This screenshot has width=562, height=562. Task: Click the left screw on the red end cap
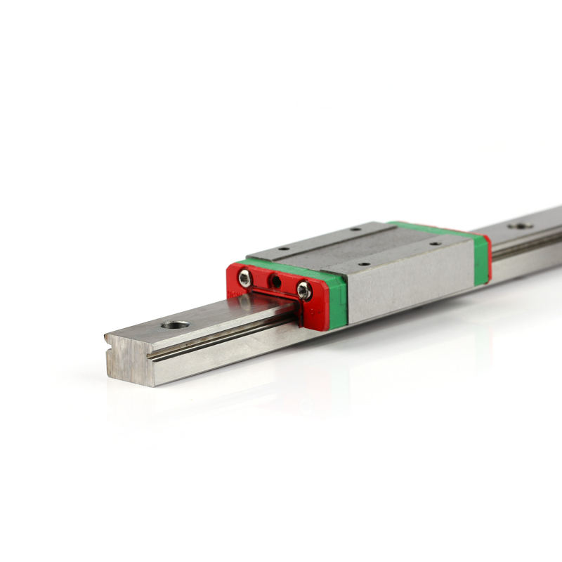[244, 278]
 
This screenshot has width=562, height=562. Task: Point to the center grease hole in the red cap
[276, 282]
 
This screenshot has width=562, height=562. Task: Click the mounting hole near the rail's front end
[175, 325]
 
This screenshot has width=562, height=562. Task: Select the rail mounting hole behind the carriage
[520, 226]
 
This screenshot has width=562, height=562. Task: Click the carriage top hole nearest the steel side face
[364, 264]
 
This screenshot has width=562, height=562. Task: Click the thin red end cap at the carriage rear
[488, 257]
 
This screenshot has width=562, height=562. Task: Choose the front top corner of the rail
[109, 336]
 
